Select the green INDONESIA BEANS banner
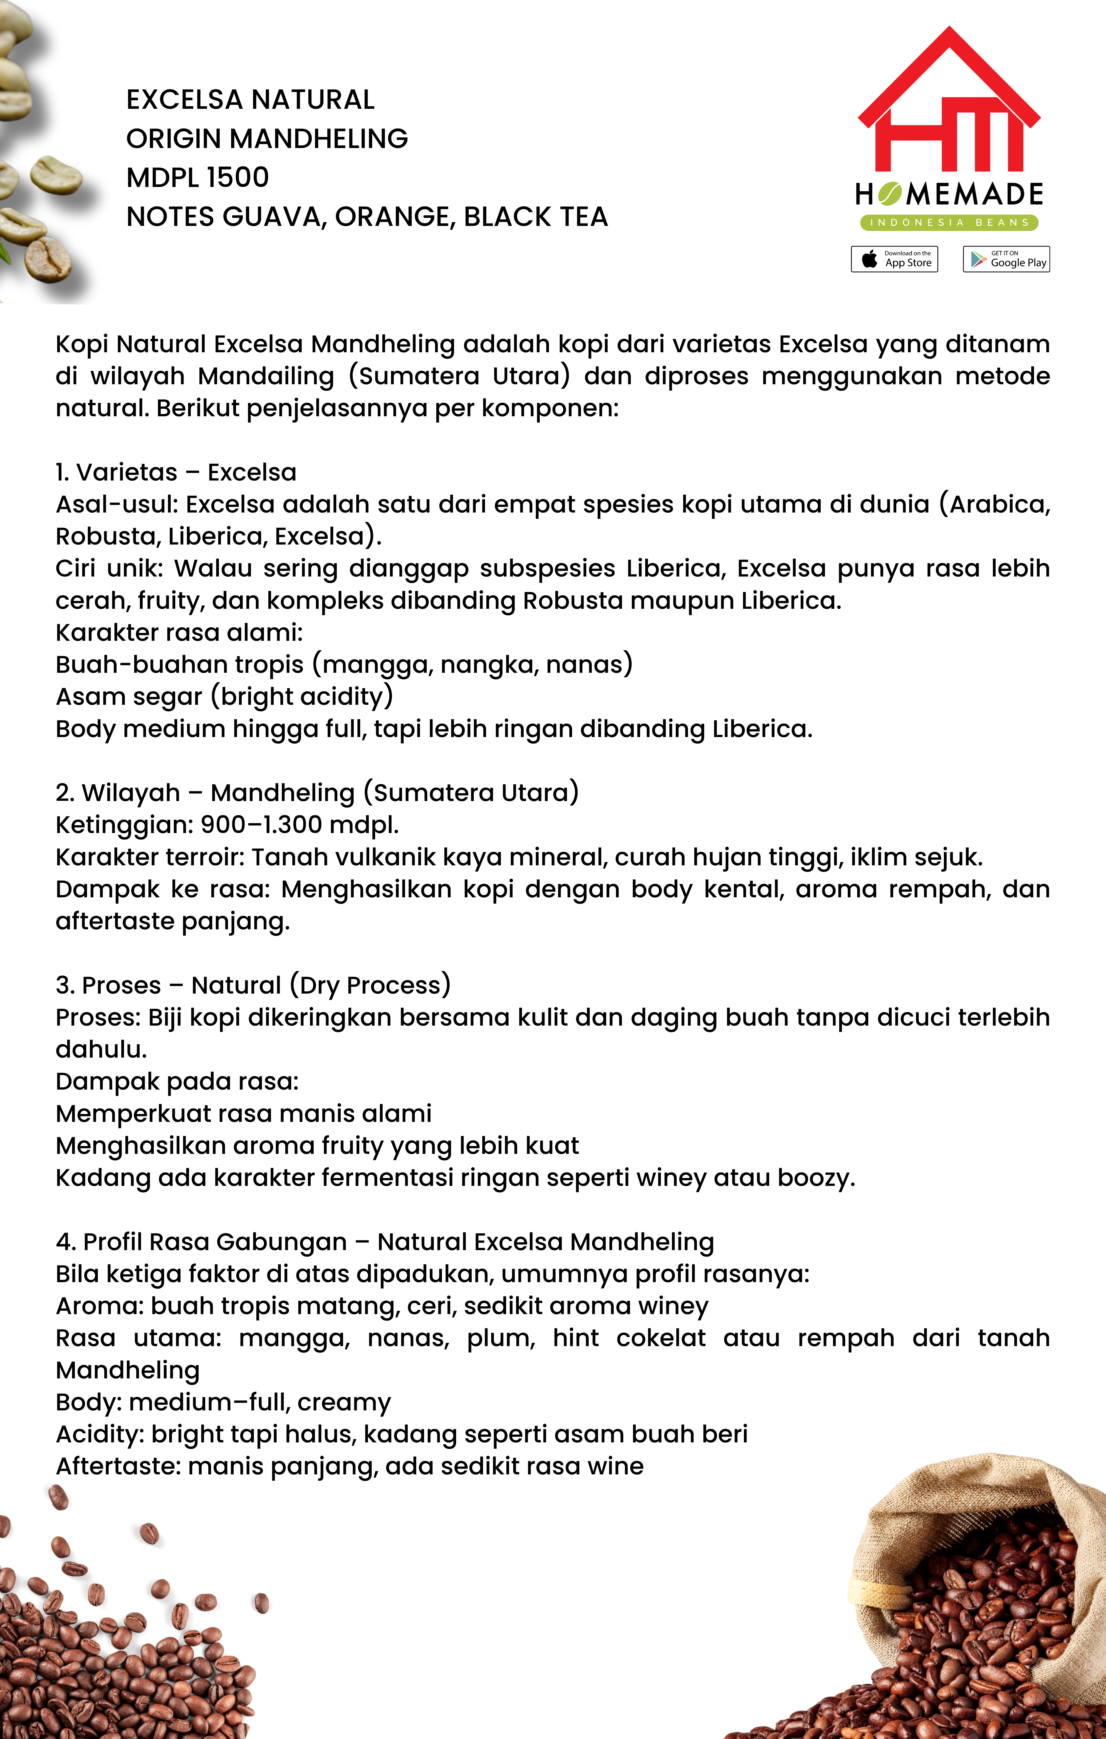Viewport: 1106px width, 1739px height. point(949,222)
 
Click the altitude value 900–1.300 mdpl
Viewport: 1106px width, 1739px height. point(299,825)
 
